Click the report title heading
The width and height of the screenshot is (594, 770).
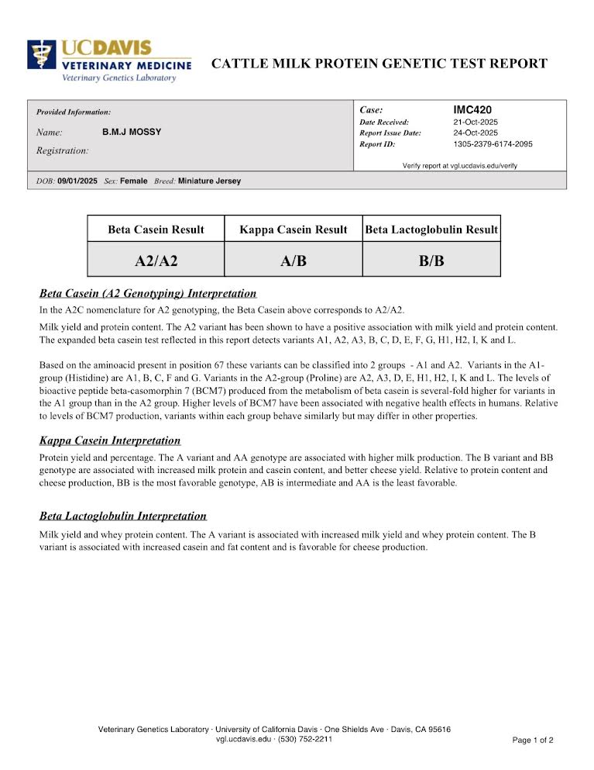click(x=379, y=64)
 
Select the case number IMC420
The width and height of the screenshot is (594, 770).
click(x=472, y=110)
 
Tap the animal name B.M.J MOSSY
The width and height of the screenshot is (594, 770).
click(x=132, y=132)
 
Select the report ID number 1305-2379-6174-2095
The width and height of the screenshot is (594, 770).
click(x=493, y=143)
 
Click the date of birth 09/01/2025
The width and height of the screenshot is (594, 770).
click(x=77, y=181)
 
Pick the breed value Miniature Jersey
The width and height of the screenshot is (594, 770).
click(x=209, y=181)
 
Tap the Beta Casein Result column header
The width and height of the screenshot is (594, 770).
click(x=156, y=230)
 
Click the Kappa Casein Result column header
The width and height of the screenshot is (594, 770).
click(x=294, y=230)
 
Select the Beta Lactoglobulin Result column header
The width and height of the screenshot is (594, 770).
click(x=431, y=230)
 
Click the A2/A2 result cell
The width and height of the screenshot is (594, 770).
click(x=156, y=261)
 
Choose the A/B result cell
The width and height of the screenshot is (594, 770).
click(x=294, y=261)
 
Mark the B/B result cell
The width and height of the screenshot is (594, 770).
click(x=431, y=261)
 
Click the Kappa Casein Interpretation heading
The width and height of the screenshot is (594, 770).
click(x=110, y=440)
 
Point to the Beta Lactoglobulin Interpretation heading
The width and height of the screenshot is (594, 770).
click(x=123, y=516)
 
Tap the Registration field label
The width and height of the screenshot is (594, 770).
click(x=62, y=150)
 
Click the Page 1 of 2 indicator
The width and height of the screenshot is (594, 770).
click(x=533, y=740)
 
